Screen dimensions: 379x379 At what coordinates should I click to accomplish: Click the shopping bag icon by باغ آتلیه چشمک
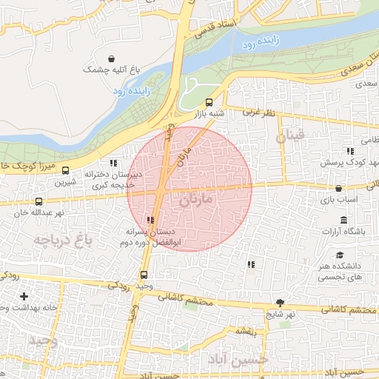(x=111, y=58)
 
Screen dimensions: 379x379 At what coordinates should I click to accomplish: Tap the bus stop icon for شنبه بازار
(x=208, y=103)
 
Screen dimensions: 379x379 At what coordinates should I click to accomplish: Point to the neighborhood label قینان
(x=290, y=137)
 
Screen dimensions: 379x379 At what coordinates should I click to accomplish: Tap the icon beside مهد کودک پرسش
(x=329, y=151)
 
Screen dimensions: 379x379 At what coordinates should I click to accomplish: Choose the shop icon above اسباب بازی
(x=339, y=189)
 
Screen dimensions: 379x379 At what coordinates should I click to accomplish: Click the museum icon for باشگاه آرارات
(x=344, y=221)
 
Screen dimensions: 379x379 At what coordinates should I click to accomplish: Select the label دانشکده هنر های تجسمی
(x=340, y=271)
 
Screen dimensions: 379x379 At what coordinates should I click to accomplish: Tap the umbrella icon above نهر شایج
(x=281, y=303)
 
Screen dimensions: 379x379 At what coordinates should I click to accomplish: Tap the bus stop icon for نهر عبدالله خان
(x=39, y=201)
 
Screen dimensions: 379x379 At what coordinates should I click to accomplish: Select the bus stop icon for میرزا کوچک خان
(x=64, y=170)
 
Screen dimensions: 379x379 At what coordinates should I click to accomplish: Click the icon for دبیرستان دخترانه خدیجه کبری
(x=113, y=163)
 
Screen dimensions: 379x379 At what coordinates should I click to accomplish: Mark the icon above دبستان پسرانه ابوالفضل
(x=151, y=220)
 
